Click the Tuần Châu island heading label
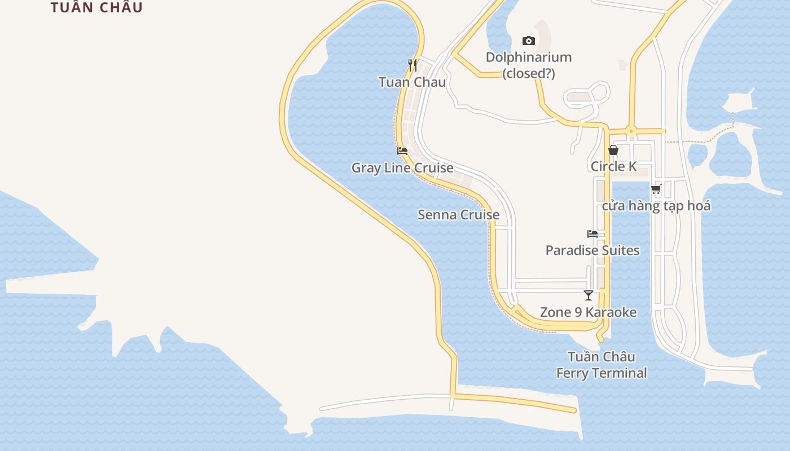pyautogui.click(x=96, y=7)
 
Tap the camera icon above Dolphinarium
pyautogui.click(x=529, y=41)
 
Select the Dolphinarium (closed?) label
pyautogui.click(x=529, y=65)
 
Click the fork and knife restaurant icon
pyautogui.click(x=412, y=65)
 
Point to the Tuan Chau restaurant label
pyautogui.click(x=412, y=82)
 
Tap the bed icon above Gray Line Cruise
pyautogui.click(x=402, y=151)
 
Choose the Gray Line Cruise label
pyautogui.click(x=402, y=168)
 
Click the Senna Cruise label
pyautogui.click(x=458, y=215)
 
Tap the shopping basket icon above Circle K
pyautogui.click(x=613, y=150)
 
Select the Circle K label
pyautogui.click(x=613, y=166)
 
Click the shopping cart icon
pyautogui.click(x=656, y=189)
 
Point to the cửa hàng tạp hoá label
pyautogui.click(x=656, y=206)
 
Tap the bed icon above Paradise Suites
pyautogui.click(x=592, y=234)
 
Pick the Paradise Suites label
pyautogui.click(x=592, y=250)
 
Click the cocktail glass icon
pyautogui.click(x=589, y=295)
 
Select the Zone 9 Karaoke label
pyautogui.click(x=588, y=312)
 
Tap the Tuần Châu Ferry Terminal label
pyautogui.click(x=602, y=365)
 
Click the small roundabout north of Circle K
pyautogui.click(x=631, y=131)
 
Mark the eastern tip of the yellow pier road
pyautogui.click(x=574, y=410)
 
